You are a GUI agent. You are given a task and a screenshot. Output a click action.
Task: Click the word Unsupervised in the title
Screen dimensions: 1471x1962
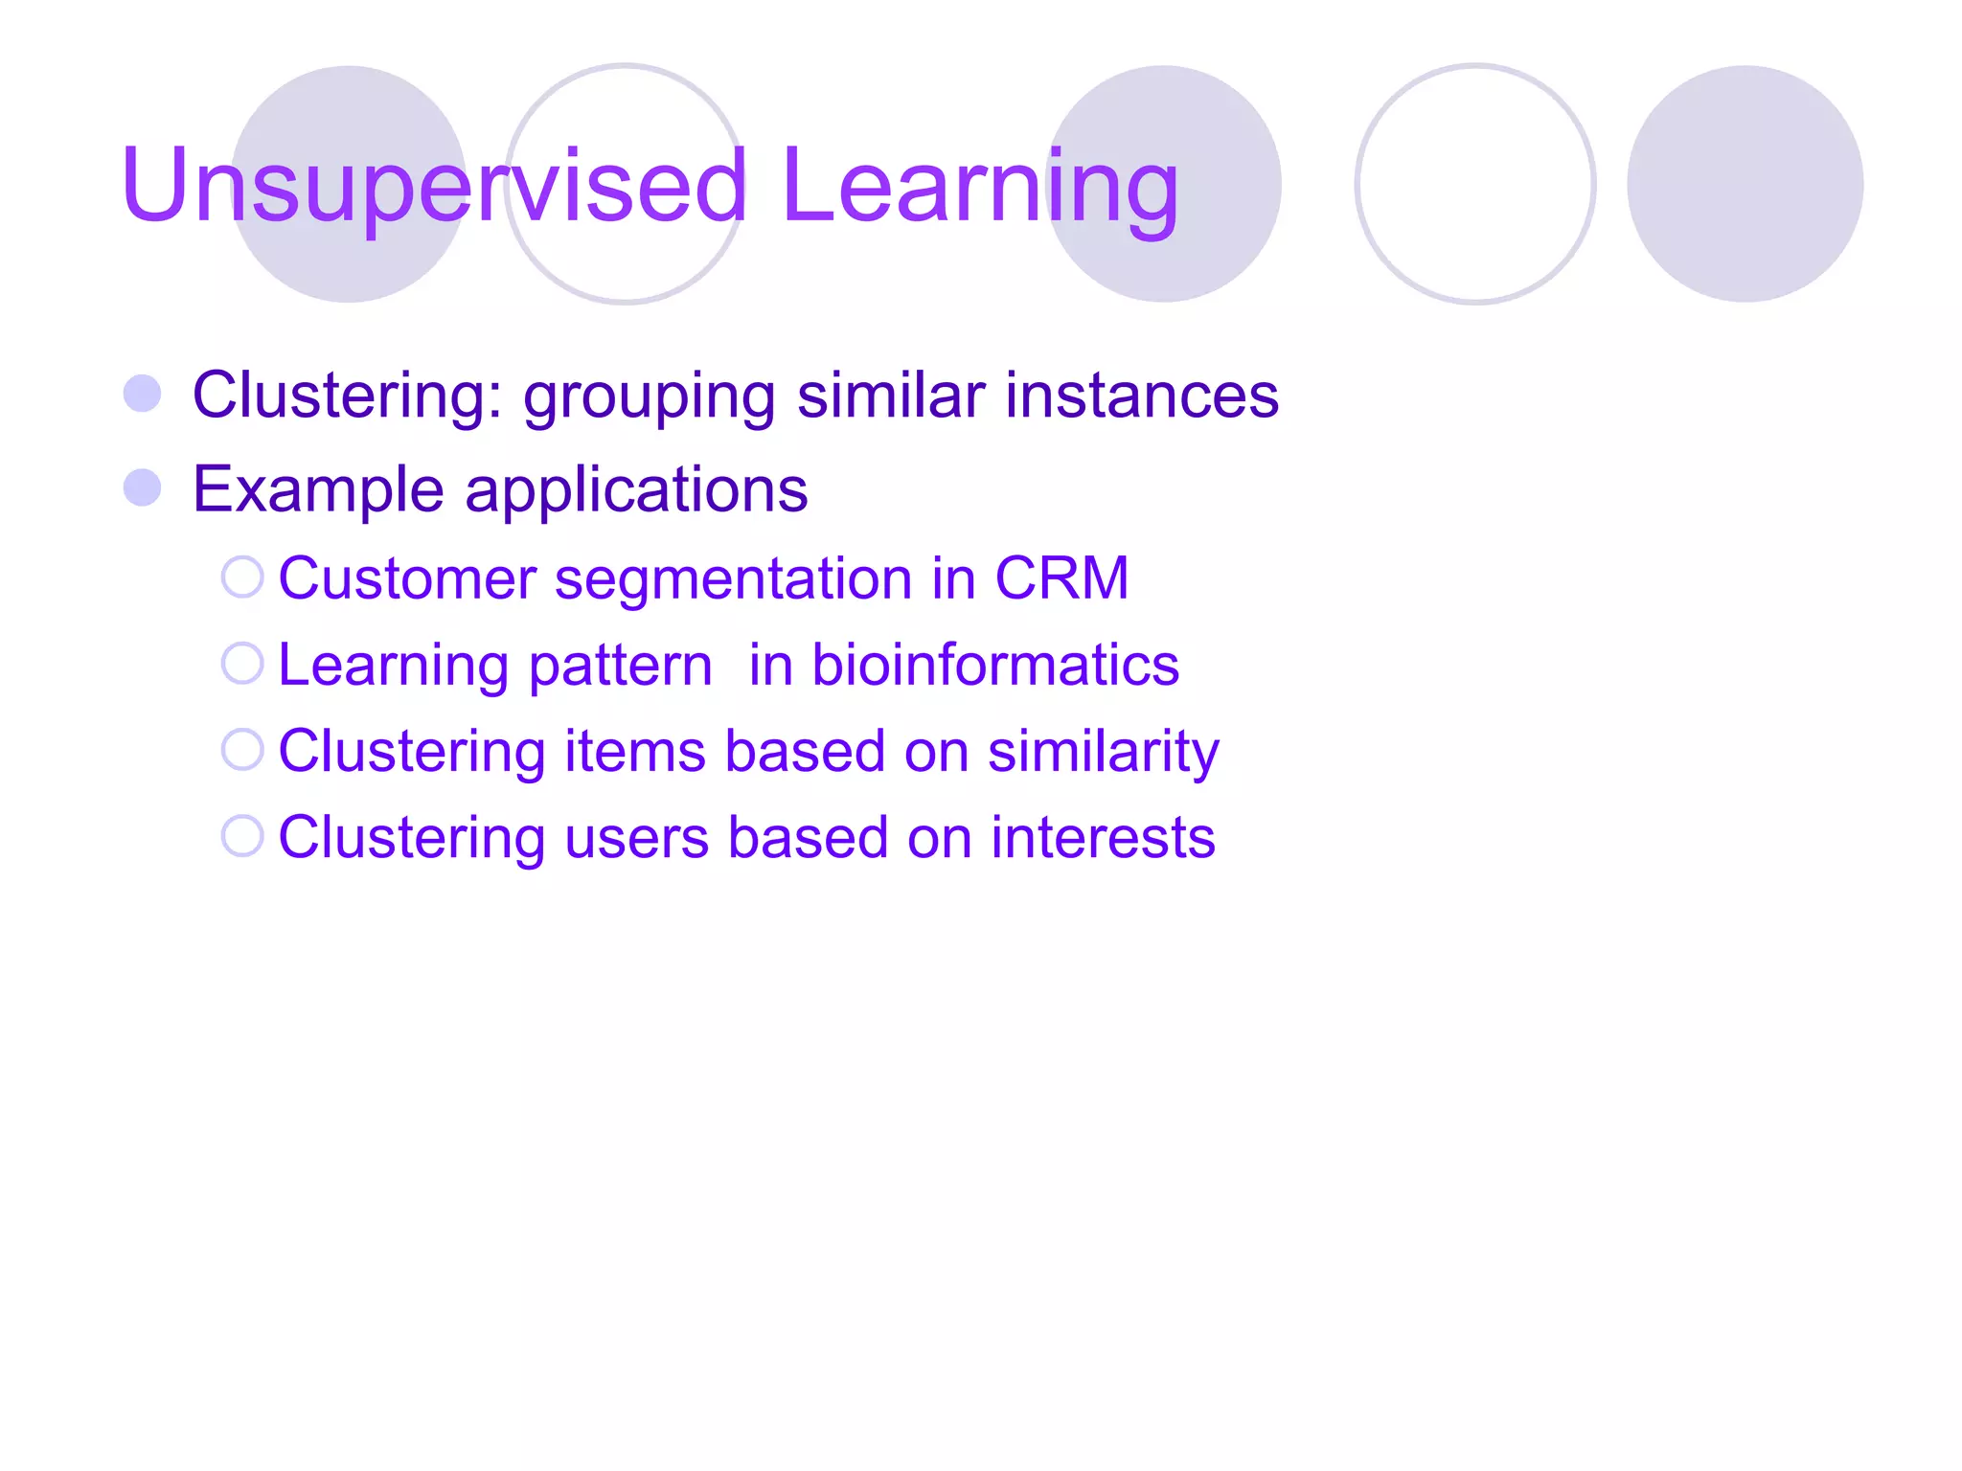(x=433, y=187)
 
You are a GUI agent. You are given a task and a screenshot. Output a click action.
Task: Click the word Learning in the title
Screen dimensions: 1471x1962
(x=979, y=187)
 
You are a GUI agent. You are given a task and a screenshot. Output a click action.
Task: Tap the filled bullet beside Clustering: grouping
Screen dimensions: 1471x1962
(x=143, y=394)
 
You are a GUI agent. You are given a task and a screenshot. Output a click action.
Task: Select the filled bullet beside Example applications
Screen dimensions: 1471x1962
(x=143, y=487)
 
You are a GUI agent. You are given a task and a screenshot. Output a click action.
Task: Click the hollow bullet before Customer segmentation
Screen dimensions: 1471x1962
(x=242, y=577)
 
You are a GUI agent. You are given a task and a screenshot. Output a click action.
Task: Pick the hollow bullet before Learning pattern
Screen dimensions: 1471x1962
(x=242, y=664)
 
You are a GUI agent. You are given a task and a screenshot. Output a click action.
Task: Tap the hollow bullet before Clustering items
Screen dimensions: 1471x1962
(x=242, y=750)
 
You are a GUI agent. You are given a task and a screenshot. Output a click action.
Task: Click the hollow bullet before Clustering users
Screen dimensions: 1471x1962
(x=242, y=836)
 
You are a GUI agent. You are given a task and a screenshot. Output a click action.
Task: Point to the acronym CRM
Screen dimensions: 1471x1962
(x=1061, y=578)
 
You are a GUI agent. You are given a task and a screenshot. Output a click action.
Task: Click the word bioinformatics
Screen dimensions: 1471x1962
(x=995, y=665)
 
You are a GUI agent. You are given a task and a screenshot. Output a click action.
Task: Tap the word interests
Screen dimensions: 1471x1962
(x=1103, y=838)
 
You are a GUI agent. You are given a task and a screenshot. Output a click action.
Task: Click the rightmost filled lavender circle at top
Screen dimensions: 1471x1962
(x=1745, y=184)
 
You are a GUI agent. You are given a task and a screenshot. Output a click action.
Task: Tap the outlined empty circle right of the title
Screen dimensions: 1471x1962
(x=1475, y=184)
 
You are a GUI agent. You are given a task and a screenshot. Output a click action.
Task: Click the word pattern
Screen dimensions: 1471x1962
(x=620, y=667)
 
